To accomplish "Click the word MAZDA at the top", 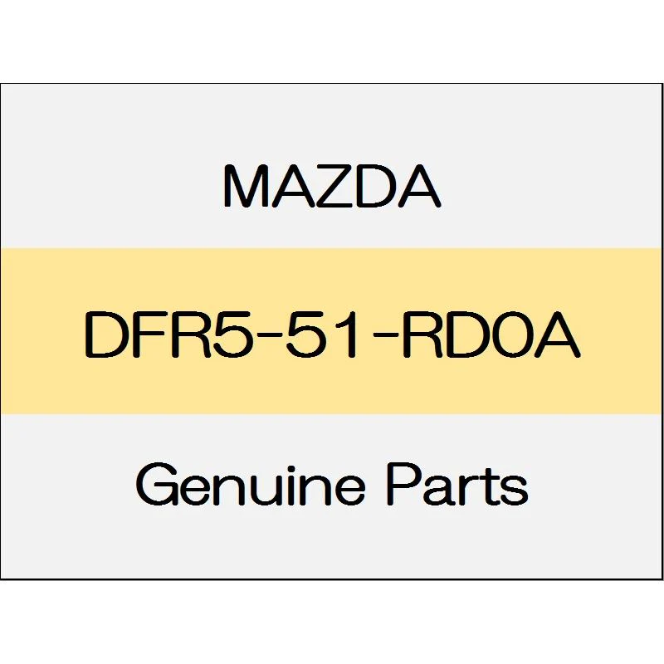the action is point(332,186).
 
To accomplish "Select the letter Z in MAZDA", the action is point(334,186).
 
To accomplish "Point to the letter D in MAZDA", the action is point(376,186).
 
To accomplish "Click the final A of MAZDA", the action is point(418,186).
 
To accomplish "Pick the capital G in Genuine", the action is point(158,485).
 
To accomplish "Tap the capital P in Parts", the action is point(404,485).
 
